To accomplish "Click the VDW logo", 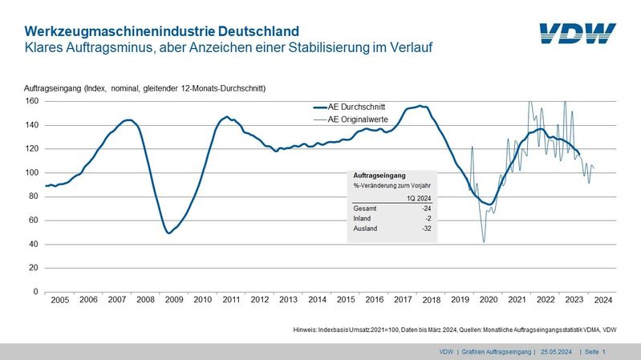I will [x=577, y=34].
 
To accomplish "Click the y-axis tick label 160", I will [x=31, y=101].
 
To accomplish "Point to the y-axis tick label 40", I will [x=34, y=244].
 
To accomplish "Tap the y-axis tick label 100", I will [x=31, y=172].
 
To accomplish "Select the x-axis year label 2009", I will [x=173, y=299].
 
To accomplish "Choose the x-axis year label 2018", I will [x=432, y=299].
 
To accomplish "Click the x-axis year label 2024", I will [x=603, y=299].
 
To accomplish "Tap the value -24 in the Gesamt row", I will [x=426, y=208].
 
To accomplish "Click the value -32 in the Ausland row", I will [x=426, y=229].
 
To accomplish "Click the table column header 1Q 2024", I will [x=418, y=197].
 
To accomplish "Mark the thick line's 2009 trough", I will [x=168, y=233].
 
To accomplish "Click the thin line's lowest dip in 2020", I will [x=484, y=241].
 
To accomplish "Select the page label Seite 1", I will [x=594, y=352].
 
